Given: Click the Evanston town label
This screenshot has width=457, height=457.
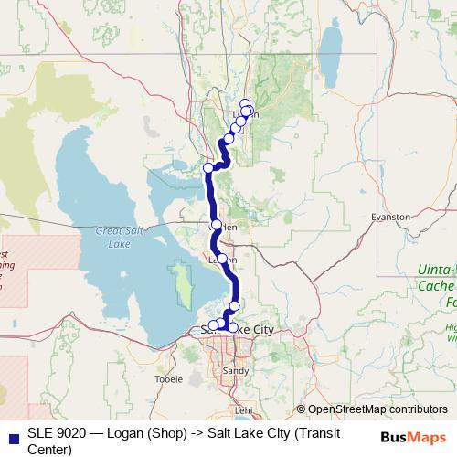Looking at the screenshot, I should coord(391,217).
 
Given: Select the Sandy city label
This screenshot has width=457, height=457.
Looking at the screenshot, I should coord(234,371).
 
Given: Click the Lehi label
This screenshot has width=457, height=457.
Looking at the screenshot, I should coord(243,411).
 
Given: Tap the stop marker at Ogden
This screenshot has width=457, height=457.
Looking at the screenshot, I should coord(217,225).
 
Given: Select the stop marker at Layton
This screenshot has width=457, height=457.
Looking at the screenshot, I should coord(222,259).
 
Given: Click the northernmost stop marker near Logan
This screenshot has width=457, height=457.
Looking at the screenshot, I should coord(245,103).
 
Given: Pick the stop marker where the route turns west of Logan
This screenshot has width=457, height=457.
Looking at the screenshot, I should coord(208,167).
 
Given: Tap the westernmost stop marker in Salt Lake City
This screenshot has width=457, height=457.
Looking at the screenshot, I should coord(213,324).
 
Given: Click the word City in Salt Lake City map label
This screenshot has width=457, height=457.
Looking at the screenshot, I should coord(258,328).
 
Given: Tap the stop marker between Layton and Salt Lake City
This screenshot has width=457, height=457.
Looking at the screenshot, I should coord(235,305).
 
